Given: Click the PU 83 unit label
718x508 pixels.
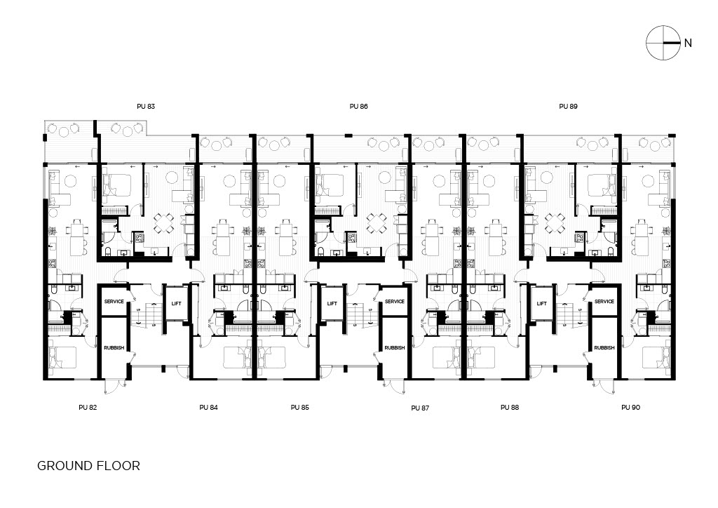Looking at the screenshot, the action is [146, 106].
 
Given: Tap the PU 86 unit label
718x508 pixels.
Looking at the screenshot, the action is [358, 106].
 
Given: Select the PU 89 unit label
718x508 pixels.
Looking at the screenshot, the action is [568, 106].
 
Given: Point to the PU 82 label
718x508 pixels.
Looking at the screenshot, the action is [88, 407].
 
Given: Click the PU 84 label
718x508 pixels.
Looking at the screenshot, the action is [208, 407].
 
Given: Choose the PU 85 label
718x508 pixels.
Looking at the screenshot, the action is [300, 407].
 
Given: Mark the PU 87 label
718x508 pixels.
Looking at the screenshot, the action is [420, 408].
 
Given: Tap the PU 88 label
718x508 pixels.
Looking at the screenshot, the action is [510, 407].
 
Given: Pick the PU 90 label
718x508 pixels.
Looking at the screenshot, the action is [630, 407].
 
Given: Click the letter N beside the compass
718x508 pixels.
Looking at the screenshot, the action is [688, 43].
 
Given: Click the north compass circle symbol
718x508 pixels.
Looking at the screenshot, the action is [663, 43].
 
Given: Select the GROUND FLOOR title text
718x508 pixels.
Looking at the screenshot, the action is [88, 466].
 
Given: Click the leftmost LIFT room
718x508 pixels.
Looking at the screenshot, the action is [176, 303].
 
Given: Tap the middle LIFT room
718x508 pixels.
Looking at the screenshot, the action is [332, 303].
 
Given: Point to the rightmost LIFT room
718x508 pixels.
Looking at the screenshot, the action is [542, 303].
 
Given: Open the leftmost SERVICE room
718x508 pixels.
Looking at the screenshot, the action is [114, 301].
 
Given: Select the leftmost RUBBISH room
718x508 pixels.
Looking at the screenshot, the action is [114, 348].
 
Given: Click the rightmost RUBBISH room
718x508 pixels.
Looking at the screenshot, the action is [604, 348].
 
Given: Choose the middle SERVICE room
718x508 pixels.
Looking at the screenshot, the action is [395, 301].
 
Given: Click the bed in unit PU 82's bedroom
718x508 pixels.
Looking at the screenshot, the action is [62, 357].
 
